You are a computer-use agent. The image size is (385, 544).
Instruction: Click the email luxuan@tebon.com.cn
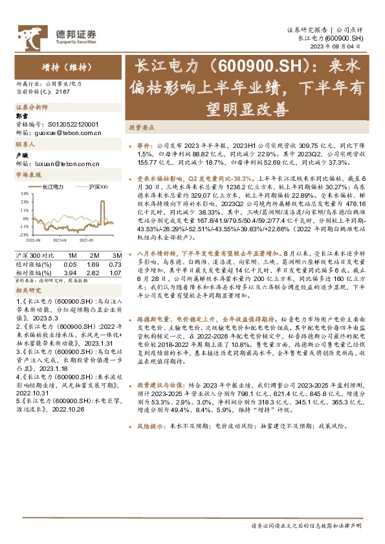65,165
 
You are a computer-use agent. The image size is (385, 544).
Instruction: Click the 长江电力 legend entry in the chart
52,186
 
